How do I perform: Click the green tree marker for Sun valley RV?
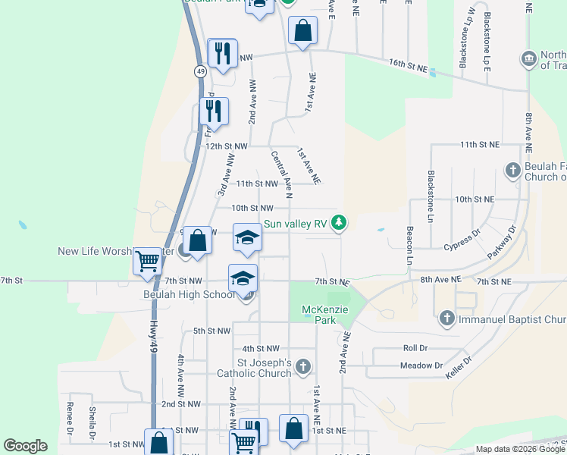(341, 224)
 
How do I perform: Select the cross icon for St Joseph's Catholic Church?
(302, 368)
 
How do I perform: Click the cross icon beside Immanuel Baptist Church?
(447, 319)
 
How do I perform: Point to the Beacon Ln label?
(409, 245)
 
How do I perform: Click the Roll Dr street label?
(416, 348)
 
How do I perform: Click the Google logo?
(25, 446)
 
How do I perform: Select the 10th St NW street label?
(252, 208)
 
